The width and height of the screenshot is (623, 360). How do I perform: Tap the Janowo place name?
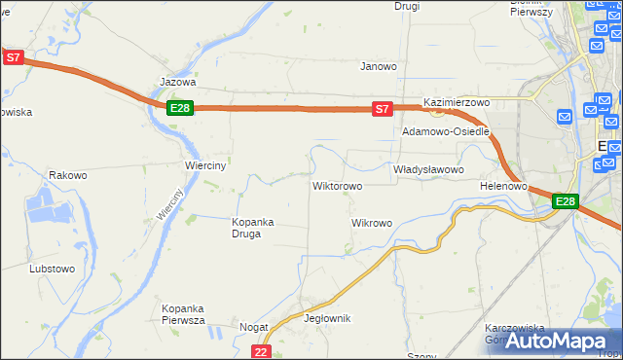coord(379,67)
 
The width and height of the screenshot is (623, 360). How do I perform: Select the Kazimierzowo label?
coord(456,102)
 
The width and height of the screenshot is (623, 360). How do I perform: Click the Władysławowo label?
coord(428,169)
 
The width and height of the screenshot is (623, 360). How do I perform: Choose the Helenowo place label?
coord(503,185)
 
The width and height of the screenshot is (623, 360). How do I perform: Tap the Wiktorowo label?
coord(337,186)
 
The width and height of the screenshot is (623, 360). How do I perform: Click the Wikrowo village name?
coord(371,223)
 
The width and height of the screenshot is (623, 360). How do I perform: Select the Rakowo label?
coord(68,176)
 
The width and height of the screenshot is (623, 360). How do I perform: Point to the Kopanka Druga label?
coord(252,228)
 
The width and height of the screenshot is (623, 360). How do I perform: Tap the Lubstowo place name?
coord(53,269)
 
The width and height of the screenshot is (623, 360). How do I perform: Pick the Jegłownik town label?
coord(327,318)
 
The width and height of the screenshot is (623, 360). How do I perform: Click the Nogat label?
coord(253,328)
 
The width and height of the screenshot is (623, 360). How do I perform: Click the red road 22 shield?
coord(260,351)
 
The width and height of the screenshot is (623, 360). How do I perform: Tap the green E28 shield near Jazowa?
coord(179,108)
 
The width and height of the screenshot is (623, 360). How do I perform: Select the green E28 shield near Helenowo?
coord(566,201)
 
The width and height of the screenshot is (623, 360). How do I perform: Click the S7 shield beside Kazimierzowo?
coord(384,109)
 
